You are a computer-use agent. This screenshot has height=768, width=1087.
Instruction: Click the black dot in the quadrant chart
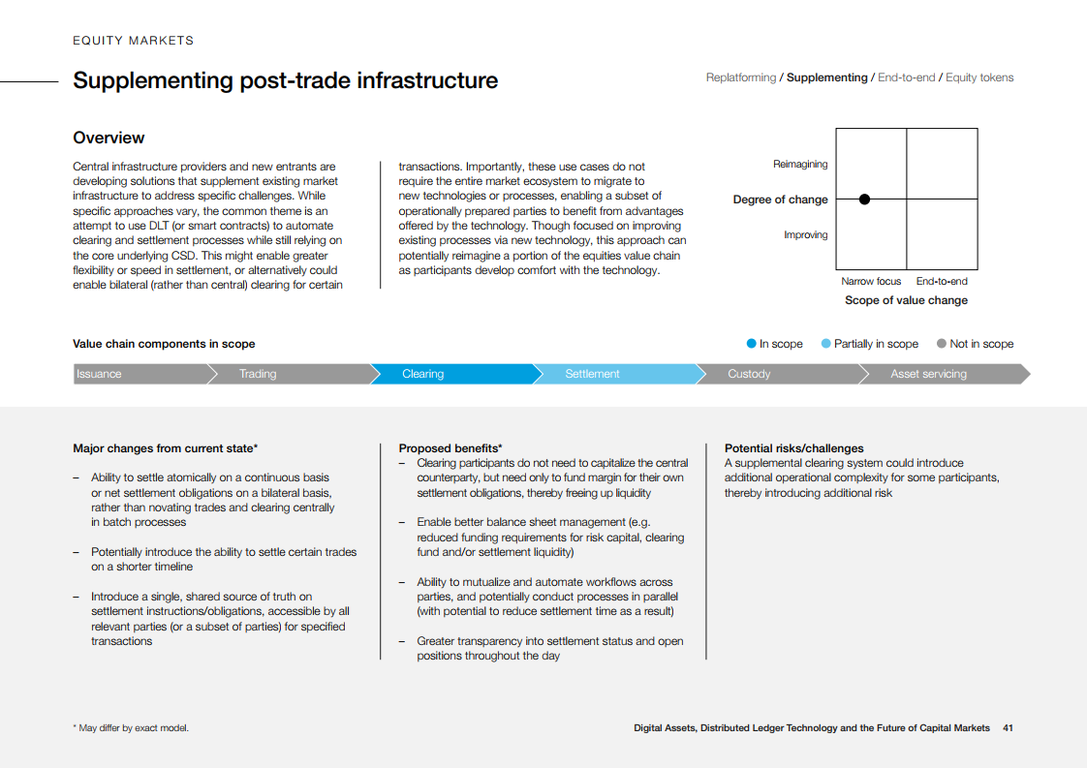pyautogui.click(x=864, y=200)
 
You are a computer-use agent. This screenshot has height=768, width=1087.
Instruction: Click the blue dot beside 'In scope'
pyautogui.click(x=751, y=344)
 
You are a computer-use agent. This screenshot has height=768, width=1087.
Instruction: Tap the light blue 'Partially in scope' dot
pyautogui.click(x=825, y=344)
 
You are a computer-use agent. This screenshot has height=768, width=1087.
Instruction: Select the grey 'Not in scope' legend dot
pyautogui.click(x=941, y=344)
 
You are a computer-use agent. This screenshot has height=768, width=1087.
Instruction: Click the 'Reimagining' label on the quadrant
pyautogui.click(x=800, y=165)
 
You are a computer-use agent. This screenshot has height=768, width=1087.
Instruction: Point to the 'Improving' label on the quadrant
pyautogui.click(x=806, y=235)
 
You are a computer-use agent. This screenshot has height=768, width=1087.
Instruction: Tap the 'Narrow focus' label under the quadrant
pyautogui.click(x=871, y=282)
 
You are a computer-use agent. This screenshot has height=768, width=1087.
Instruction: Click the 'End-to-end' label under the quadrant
pyautogui.click(x=942, y=282)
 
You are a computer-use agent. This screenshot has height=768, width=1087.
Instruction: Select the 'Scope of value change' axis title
pyautogui.click(x=906, y=300)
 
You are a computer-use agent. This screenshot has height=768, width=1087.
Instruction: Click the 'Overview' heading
pyautogui.click(x=109, y=138)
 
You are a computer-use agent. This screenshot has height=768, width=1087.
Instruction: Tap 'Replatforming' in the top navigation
pyautogui.click(x=741, y=77)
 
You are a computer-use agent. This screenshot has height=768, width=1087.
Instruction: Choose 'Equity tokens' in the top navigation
pyautogui.click(x=979, y=77)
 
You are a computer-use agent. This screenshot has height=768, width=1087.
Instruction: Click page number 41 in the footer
pyautogui.click(x=1008, y=727)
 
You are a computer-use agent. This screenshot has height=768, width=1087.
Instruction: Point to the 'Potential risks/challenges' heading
pyautogui.click(x=793, y=448)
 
